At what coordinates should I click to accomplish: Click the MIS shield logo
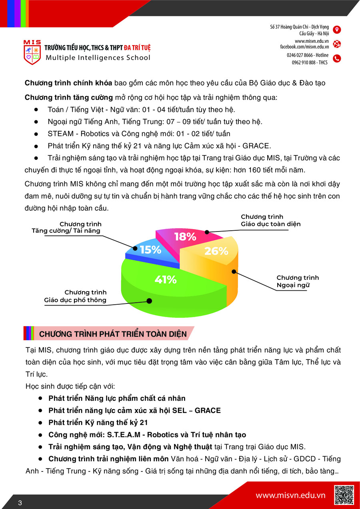point(32,52)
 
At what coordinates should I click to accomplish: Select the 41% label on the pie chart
point(166,279)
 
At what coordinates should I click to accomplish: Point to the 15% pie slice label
point(150,250)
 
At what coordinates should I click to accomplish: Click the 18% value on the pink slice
point(185,237)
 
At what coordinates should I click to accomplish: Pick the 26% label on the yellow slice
point(216,251)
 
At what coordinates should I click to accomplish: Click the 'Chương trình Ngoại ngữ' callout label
point(298,281)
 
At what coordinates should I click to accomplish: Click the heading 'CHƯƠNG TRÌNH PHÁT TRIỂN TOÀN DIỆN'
point(113,334)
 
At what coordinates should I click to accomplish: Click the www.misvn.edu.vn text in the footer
point(290,495)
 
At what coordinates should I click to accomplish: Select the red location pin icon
point(337,30)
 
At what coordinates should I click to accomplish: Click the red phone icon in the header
point(337,58)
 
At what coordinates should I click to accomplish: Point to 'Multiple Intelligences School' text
point(98,58)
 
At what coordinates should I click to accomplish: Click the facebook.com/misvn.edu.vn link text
point(304,47)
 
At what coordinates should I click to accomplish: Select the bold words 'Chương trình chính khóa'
point(68,83)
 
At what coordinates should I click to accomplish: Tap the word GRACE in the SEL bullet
point(208,411)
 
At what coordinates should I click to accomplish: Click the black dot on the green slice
point(149,301)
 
